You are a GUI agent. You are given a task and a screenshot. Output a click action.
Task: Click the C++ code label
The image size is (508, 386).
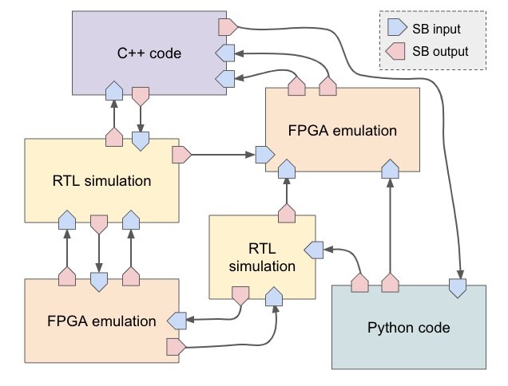point(149,54)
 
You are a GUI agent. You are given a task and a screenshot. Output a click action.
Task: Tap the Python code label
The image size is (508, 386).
point(409,328)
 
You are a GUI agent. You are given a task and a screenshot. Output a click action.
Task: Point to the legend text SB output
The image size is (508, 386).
point(440,53)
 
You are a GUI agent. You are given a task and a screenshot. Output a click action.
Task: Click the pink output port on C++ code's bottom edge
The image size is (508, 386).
point(140,95)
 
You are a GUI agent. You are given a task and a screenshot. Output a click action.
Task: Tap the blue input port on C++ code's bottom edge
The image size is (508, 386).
point(113,91)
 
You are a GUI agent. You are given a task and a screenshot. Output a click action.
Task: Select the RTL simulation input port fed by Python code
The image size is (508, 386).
point(315,250)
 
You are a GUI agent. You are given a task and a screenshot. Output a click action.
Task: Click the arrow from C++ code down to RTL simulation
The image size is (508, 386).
point(140,118)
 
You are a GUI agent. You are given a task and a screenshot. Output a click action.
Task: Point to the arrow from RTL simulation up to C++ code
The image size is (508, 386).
point(113,116)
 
